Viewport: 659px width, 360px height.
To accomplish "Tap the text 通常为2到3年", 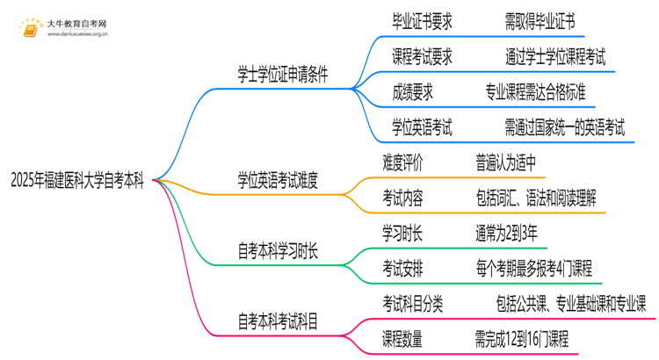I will click(504, 233).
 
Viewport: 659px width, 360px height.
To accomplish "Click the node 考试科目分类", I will click(413, 303).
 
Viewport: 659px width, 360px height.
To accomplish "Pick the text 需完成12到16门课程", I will click(521, 338).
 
